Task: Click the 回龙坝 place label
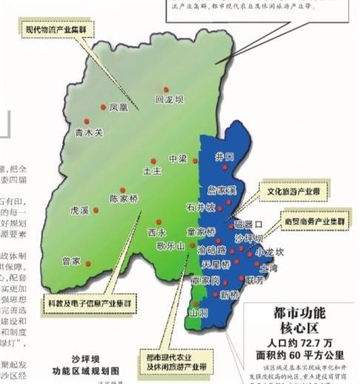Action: (x=169, y=98)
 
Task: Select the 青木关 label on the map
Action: (x=90, y=134)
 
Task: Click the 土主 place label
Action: (x=151, y=171)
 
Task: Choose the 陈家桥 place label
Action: (x=123, y=199)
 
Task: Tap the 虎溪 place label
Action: (x=79, y=210)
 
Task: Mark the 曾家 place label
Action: (x=71, y=261)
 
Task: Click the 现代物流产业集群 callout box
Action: (x=55, y=30)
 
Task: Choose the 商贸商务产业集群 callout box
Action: (x=319, y=221)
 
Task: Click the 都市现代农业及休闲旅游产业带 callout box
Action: (x=175, y=358)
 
